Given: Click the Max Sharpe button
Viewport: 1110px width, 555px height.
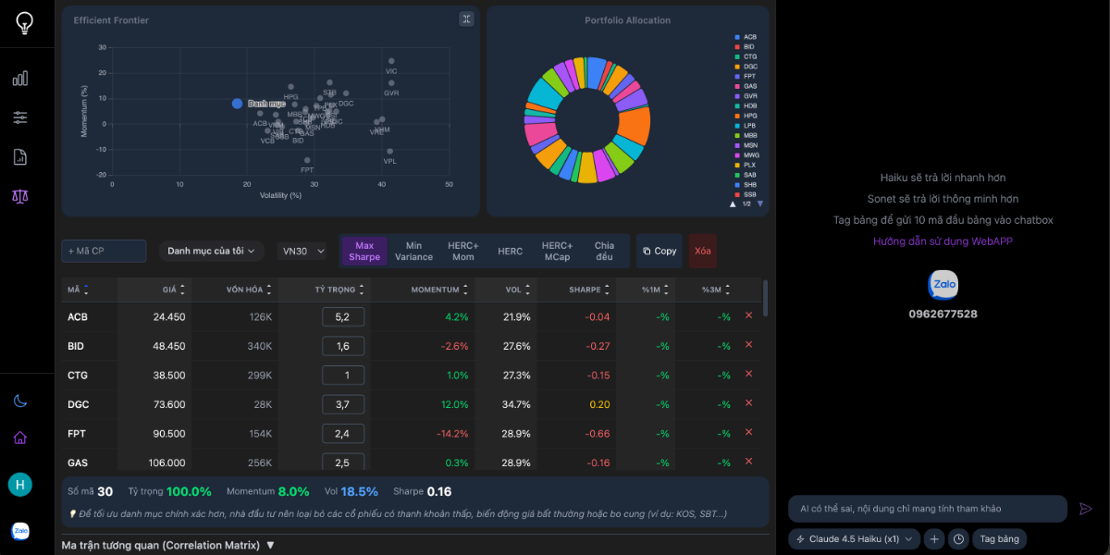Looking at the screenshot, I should pyautogui.click(x=364, y=251).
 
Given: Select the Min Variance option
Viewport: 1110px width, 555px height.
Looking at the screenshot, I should pyautogui.click(x=413, y=251).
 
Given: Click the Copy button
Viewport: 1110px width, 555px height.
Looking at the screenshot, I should pyautogui.click(x=659, y=251).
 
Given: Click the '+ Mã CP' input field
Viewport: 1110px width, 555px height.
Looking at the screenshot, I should pyautogui.click(x=104, y=251).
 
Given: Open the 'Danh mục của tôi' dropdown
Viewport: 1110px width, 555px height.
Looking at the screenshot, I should pyautogui.click(x=211, y=251).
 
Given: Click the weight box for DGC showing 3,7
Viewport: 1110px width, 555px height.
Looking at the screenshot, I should pyautogui.click(x=342, y=404).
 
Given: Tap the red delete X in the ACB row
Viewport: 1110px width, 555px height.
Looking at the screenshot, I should pyautogui.click(x=748, y=315).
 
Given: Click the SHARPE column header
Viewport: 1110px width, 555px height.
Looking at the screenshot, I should pyautogui.click(x=585, y=290).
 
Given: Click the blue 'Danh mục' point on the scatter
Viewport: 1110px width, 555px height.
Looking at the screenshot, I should pyautogui.click(x=237, y=104).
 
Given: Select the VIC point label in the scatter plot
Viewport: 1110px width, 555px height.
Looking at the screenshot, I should pyautogui.click(x=391, y=71).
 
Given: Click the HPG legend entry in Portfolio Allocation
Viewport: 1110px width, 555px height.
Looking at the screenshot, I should pyautogui.click(x=749, y=116).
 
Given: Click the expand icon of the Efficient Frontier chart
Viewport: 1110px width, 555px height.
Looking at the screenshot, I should pyautogui.click(x=466, y=19).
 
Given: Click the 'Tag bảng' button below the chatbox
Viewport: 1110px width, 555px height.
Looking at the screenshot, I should pyautogui.click(x=999, y=538).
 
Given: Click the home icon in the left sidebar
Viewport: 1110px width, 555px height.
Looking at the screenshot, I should pyautogui.click(x=19, y=438).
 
